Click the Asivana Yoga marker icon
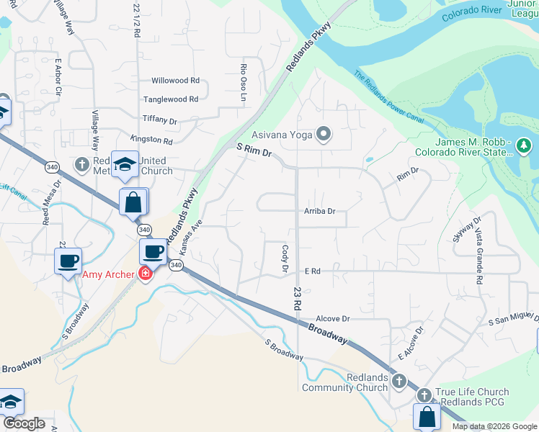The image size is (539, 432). click(324, 134)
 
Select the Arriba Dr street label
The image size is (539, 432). click(321, 212)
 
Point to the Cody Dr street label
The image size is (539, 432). click(285, 257)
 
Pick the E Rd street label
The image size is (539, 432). click(312, 271)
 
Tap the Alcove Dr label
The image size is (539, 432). click(333, 318)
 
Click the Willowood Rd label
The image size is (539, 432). click(174, 81)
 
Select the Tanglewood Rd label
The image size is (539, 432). click(171, 99)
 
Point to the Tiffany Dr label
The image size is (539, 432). click(159, 120)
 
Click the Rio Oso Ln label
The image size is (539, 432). click(244, 81)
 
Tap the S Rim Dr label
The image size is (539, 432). click(254, 150)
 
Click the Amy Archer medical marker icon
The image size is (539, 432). click(145, 274)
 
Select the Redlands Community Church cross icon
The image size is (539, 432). click(398, 379)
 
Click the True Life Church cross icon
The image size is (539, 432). click(424, 395)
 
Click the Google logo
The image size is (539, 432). click(24, 424)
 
